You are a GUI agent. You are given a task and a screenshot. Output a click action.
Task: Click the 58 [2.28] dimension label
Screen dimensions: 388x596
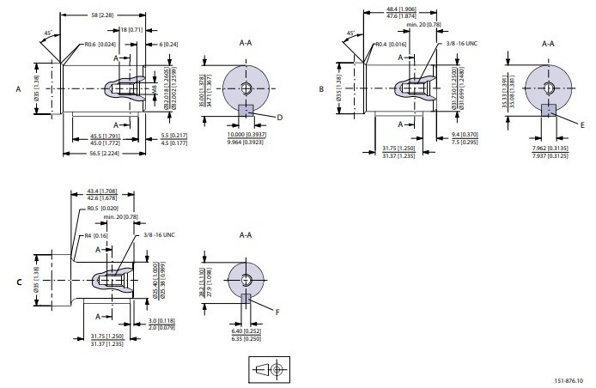pyautogui.click(x=102, y=15)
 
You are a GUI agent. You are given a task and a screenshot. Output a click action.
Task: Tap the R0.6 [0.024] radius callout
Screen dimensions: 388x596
pyautogui.click(x=101, y=45)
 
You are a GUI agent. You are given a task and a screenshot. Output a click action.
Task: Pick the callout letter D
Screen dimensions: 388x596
pyautogui.click(x=281, y=116)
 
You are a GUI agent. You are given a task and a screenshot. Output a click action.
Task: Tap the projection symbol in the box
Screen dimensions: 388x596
pyautogui.click(x=269, y=369)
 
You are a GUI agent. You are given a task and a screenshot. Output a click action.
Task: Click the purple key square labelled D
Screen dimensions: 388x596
pyautogui.click(x=246, y=110)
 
